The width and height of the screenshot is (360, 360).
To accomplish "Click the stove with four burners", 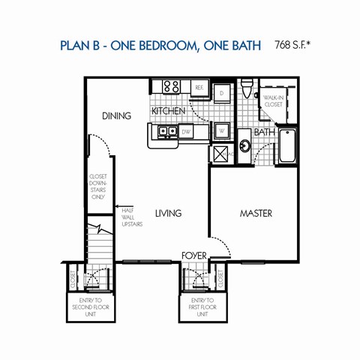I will pyautogui.click(x=171, y=87).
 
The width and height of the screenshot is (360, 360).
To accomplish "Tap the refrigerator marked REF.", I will pyautogui.click(x=199, y=88).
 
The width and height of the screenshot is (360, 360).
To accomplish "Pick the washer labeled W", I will pyautogui.click(x=222, y=130).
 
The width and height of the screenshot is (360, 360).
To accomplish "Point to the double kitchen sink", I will pyautogui.click(x=167, y=133).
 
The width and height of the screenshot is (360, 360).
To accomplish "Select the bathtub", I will pyautogui.click(x=288, y=147).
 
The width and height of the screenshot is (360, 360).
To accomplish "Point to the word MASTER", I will pyautogui.click(x=256, y=214).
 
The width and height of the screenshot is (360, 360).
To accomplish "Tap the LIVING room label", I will pyautogui.click(x=169, y=214).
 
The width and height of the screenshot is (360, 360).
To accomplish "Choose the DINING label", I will pyautogui.click(x=117, y=116).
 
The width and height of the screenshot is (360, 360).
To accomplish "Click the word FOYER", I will pyautogui.click(x=193, y=256).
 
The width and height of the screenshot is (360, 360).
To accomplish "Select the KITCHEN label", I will pyautogui.click(x=169, y=112).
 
